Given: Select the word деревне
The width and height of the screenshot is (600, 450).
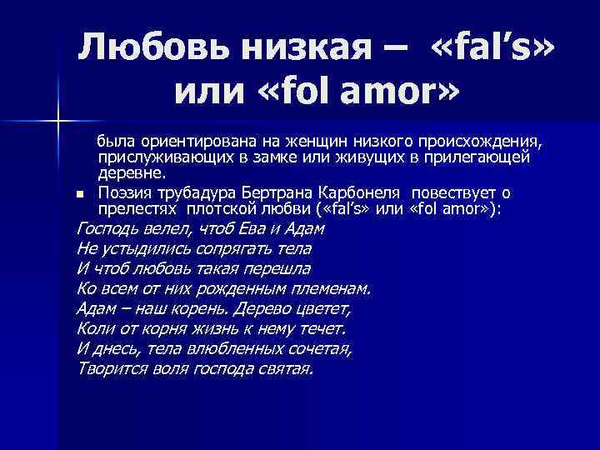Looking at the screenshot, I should [x=132, y=173].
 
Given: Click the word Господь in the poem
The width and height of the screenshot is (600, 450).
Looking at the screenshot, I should [x=105, y=228].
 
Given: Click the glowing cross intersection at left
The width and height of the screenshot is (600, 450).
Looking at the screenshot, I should [x=57, y=123].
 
